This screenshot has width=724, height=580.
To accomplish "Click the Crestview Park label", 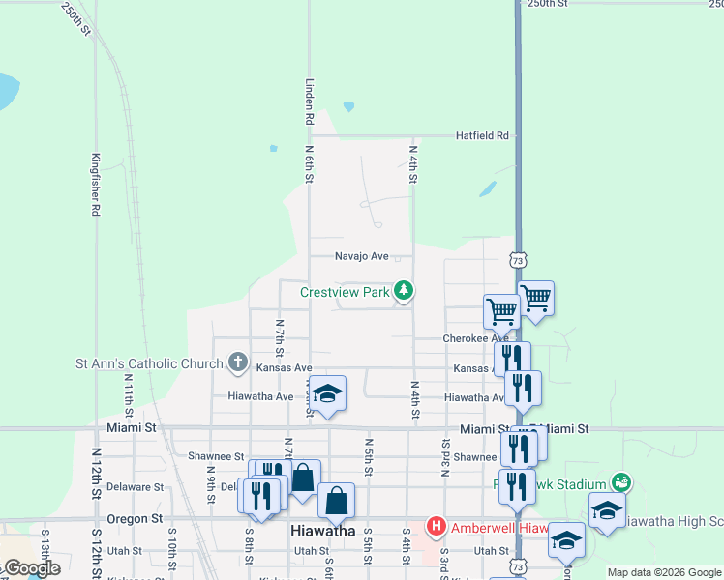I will click(x=344, y=291).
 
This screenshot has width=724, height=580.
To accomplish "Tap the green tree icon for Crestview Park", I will click(x=404, y=290).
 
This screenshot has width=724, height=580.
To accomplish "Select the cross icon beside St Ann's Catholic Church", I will click(x=238, y=363).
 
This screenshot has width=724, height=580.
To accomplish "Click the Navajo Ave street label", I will click(x=361, y=256).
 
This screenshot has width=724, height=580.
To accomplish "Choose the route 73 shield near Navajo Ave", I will click(x=519, y=261).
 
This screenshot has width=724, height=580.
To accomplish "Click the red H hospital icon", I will click(x=436, y=527).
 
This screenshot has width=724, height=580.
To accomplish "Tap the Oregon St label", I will click(x=136, y=519).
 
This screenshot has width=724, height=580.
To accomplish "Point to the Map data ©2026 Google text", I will click(x=664, y=572).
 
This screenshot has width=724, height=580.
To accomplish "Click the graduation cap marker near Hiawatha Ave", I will click(x=327, y=393).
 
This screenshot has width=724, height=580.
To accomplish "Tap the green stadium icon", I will click(x=620, y=481).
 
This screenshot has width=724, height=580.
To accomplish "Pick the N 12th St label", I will click(x=96, y=474).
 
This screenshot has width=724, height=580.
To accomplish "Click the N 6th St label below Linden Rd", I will click(x=310, y=164).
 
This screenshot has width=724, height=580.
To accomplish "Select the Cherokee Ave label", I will click(x=475, y=338).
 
